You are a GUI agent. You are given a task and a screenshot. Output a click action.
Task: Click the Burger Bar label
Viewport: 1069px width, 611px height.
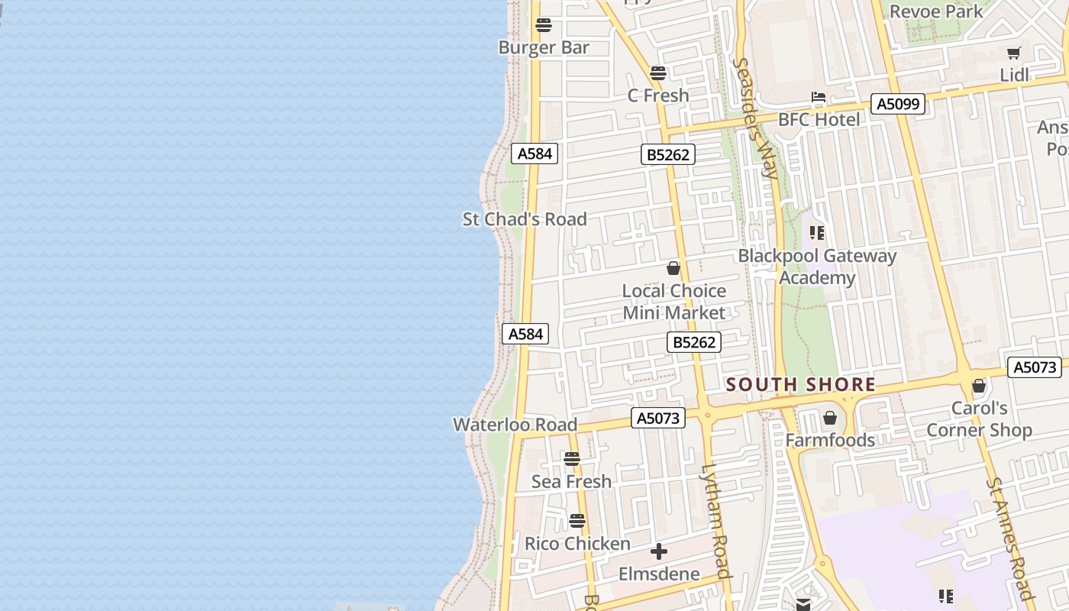544,47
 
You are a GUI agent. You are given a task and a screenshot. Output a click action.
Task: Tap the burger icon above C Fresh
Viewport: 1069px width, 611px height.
657,73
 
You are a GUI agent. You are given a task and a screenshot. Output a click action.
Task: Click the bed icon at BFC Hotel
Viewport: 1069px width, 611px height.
819,98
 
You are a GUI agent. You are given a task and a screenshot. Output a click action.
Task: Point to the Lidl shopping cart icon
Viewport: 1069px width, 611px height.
1014,53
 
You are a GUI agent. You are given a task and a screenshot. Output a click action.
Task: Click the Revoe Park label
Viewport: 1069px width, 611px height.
936,11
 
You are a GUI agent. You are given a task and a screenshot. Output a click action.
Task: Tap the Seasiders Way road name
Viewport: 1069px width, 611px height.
755,118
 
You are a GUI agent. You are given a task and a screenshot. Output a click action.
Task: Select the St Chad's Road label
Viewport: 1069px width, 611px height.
525,219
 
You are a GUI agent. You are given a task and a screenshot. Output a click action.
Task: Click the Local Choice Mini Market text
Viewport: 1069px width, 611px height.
673,302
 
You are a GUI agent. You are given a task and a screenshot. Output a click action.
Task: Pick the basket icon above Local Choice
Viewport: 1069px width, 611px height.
673,268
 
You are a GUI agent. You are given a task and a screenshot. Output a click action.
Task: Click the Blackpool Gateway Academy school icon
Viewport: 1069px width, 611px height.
817,232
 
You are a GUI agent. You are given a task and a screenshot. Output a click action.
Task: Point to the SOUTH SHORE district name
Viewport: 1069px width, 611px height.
800,384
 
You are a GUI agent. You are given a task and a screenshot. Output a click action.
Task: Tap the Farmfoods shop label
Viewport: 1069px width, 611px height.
830,440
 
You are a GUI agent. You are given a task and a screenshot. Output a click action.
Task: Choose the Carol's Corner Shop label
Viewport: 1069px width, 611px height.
979,419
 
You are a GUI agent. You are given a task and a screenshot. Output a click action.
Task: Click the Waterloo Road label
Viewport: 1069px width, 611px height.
515,425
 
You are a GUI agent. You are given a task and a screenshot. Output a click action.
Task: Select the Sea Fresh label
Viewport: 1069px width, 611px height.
571,481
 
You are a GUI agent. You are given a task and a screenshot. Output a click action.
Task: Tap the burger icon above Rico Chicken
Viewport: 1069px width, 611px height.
577,521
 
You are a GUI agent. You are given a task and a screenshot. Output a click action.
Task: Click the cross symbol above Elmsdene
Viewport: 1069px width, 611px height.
658,551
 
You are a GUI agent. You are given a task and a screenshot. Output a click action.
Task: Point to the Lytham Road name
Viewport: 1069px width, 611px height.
716,521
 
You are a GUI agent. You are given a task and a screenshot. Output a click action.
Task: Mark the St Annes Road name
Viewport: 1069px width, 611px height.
1009,538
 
